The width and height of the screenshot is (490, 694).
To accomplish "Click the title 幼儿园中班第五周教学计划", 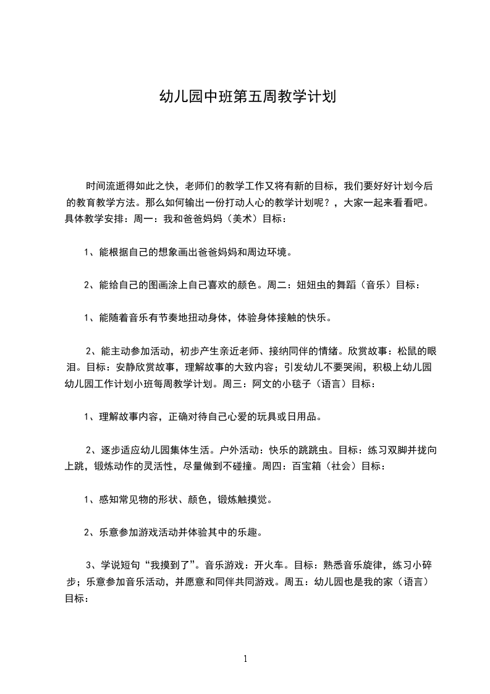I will [247, 97].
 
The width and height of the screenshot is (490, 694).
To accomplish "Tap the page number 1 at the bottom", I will [245, 659].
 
